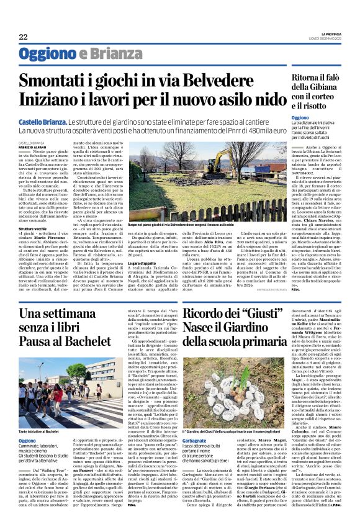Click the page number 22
23,37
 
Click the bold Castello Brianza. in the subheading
42,124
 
